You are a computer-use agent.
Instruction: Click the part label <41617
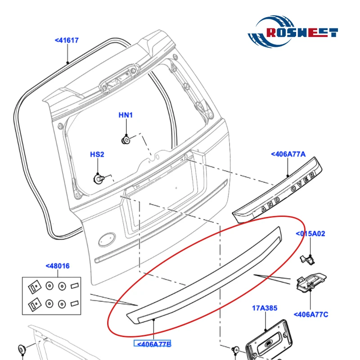pos(67,40)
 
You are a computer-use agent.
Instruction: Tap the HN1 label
pos(126,115)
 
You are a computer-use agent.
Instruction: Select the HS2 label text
pos(97,155)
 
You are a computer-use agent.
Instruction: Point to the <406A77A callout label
pos(288,154)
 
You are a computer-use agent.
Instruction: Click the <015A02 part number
pos(310,234)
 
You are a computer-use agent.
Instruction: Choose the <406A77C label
pos(311,315)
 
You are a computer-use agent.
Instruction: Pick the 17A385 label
pos(264,308)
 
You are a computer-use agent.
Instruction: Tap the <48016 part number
pos(58,266)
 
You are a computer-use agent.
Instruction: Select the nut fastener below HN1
pos(126,140)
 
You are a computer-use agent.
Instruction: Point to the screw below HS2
pos(97,178)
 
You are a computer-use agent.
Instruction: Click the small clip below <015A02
pos(306,258)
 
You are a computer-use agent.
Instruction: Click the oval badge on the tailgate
pos(107,238)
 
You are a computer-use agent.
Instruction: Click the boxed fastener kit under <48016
pos(53,295)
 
